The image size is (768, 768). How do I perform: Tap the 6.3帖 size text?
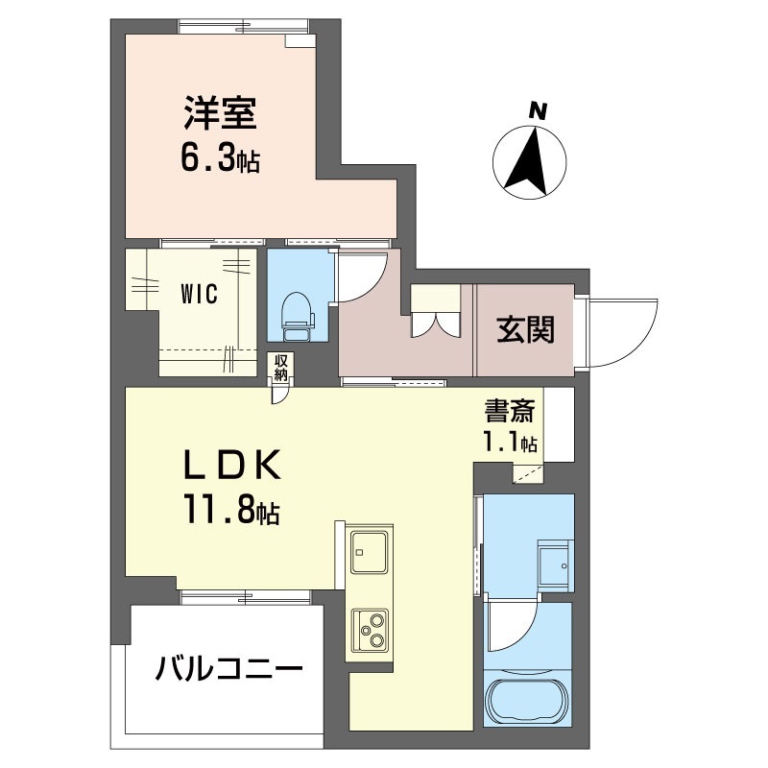[221, 158]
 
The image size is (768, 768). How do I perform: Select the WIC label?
[199, 295]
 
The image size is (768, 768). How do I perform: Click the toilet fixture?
[298, 316]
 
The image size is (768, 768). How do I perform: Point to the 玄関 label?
[525, 329]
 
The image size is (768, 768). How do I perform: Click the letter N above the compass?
[538, 110]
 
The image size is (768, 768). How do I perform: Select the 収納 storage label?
[280, 368]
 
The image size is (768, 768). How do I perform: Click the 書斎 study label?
[510, 412]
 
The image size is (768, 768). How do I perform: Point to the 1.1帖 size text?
[510, 443]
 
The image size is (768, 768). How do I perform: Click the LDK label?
[231, 464]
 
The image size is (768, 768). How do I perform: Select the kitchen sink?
[370, 551]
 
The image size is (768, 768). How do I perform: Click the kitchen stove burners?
[371, 631]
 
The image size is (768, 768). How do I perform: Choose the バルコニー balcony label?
[228, 668]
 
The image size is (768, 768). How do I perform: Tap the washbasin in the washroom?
[555, 564]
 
